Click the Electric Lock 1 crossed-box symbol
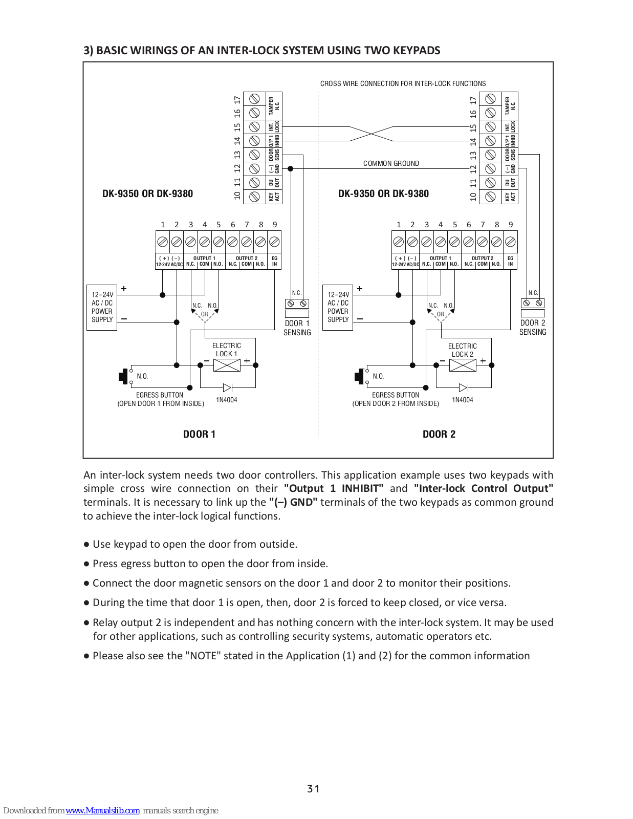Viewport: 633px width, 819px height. (227, 365)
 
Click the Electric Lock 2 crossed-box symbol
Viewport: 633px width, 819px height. (463, 365)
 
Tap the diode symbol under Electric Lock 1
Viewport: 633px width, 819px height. (228, 387)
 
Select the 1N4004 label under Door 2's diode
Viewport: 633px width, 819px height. (462, 400)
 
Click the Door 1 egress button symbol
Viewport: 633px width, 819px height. (124, 376)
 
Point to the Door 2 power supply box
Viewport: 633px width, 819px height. (338, 308)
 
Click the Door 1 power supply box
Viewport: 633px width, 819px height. (102, 308)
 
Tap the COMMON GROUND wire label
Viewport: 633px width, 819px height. (391, 164)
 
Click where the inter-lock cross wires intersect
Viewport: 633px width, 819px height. (371, 134)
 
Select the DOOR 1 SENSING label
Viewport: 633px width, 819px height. (297, 328)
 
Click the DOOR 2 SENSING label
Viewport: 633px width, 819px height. (533, 328)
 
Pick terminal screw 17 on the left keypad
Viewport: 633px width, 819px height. (255, 99)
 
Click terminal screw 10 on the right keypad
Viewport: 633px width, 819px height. (490, 197)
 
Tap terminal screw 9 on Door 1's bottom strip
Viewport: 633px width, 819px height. (274, 242)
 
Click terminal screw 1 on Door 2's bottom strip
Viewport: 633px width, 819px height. (398, 242)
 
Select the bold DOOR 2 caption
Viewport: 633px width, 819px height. (439, 434)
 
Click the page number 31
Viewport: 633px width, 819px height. (314, 789)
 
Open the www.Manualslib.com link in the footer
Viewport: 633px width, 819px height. (103, 810)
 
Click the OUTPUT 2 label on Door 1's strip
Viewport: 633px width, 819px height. (247, 258)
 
